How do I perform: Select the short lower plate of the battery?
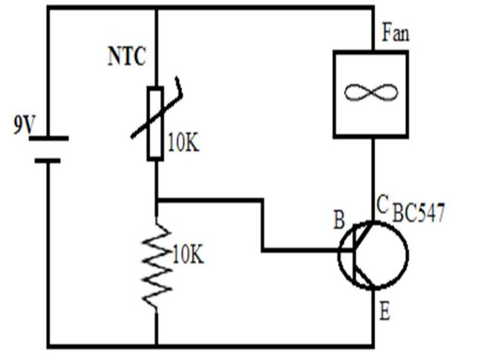click(x=47, y=161)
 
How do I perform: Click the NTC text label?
click(x=126, y=57)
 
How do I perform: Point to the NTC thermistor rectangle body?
click(x=156, y=124)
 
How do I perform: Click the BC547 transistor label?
click(x=419, y=214)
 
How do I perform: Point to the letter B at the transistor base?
click(x=338, y=221)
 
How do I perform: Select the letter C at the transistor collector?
click(x=382, y=203)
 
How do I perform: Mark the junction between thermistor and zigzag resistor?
click(x=156, y=200)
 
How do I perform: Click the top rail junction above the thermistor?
click(x=156, y=7)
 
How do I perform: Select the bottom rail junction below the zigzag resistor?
click(x=156, y=346)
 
